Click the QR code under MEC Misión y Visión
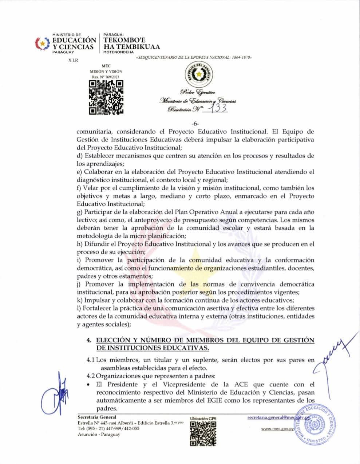coord(106,97)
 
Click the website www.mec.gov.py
coord(277,429)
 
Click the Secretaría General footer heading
coord(97,417)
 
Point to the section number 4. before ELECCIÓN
coord(88,340)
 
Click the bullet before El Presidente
coord(89,384)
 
